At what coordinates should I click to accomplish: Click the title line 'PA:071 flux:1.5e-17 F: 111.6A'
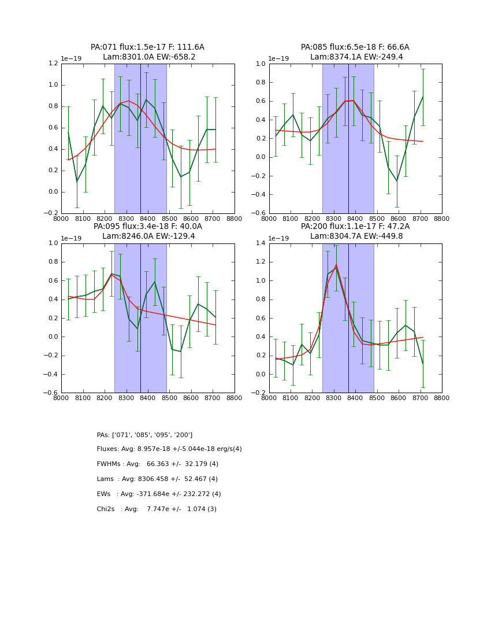click(147, 47)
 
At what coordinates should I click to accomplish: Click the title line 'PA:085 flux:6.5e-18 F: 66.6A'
click(355, 47)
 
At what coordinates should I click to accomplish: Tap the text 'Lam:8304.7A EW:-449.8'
click(355, 236)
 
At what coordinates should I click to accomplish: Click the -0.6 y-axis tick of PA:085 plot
click(259, 213)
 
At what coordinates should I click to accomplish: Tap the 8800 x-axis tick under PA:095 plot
click(235, 398)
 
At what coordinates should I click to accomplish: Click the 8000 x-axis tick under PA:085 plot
click(269, 219)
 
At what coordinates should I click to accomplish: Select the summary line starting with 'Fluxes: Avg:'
click(169, 449)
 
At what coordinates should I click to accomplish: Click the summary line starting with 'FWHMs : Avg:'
click(157, 464)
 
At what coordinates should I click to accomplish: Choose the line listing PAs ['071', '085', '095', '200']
click(144, 435)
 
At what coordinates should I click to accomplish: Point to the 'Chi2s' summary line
click(157, 509)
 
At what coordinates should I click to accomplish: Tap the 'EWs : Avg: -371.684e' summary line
click(159, 494)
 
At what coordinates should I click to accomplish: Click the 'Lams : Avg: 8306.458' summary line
click(157, 479)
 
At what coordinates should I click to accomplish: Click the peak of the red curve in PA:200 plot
click(336, 265)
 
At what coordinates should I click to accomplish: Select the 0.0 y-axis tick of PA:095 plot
click(53, 337)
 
